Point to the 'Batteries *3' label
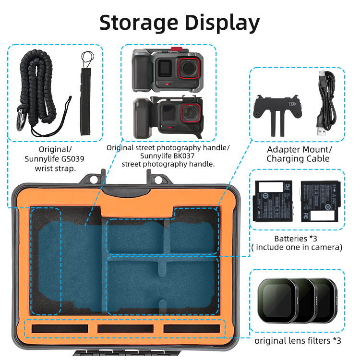point(297,238)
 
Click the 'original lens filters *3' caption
point(298,341)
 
